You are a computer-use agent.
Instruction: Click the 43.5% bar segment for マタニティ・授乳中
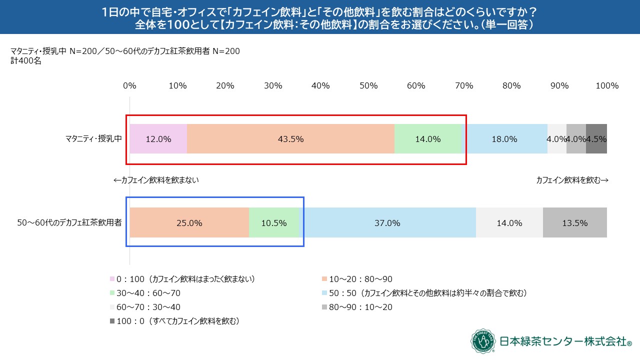[290, 139]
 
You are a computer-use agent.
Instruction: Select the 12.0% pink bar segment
[158, 139]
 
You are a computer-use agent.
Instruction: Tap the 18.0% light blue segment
[504, 139]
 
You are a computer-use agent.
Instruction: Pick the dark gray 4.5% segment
[596, 139]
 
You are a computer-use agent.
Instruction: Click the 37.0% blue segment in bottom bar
[387, 223]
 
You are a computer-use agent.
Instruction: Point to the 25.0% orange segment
[189, 223]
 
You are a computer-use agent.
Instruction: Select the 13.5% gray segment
[575, 223]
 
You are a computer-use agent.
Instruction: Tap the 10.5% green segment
[274, 223]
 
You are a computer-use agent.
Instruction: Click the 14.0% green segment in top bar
[428, 139]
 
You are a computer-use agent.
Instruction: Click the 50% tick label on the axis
[368, 85]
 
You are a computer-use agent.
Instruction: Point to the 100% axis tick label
[607, 85]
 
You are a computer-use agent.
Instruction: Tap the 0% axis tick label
[129, 85]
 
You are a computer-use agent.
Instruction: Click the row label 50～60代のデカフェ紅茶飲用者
[69, 223]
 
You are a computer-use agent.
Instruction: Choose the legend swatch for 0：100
[112, 279]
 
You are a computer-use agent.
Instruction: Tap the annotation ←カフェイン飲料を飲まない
[156, 180]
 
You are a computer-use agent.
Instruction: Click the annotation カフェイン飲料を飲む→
[572, 180]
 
